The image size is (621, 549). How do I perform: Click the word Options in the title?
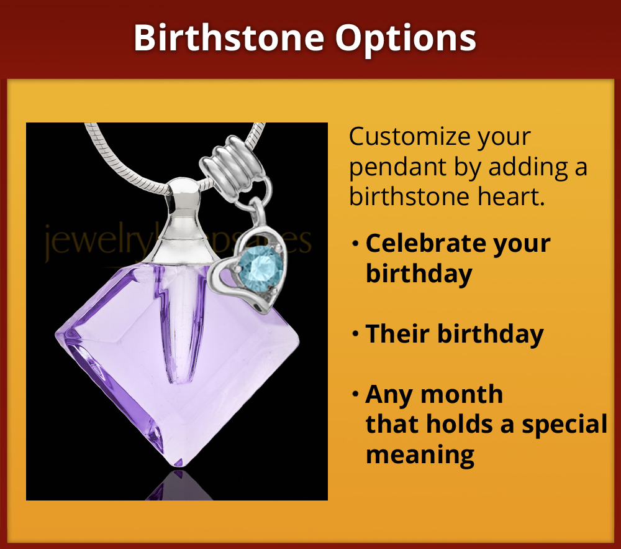pos(406,39)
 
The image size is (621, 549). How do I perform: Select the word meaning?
pos(420,454)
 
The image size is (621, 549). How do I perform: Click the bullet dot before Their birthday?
pos(355,335)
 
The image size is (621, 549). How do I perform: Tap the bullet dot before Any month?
pos(355,395)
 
